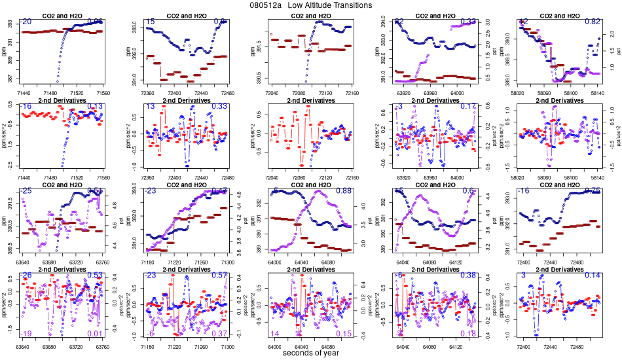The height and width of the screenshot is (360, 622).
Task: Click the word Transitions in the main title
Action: (349, 5)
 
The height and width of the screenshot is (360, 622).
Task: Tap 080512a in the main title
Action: (265, 5)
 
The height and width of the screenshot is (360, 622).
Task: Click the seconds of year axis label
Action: (311, 353)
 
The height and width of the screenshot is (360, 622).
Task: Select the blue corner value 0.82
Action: (592, 22)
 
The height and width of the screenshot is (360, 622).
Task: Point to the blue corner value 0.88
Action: (343, 190)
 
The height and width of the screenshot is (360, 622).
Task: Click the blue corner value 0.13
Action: (95, 106)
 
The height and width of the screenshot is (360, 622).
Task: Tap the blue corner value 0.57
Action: (219, 275)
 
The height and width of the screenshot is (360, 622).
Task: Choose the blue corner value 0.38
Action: (467, 275)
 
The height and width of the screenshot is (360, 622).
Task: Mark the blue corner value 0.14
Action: (592, 275)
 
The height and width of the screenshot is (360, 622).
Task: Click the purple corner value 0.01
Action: (95, 334)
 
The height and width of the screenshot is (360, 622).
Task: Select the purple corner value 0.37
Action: (219, 334)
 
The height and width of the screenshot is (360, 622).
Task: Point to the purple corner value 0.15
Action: (343, 334)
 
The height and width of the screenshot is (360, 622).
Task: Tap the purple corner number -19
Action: (26, 334)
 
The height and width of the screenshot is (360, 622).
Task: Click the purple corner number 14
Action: (274, 334)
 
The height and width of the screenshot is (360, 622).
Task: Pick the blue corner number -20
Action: (26, 22)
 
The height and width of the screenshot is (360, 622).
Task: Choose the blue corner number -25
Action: (26, 190)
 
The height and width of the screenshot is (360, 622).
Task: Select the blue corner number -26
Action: (26, 275)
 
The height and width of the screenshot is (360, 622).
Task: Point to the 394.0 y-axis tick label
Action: (383, 23)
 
